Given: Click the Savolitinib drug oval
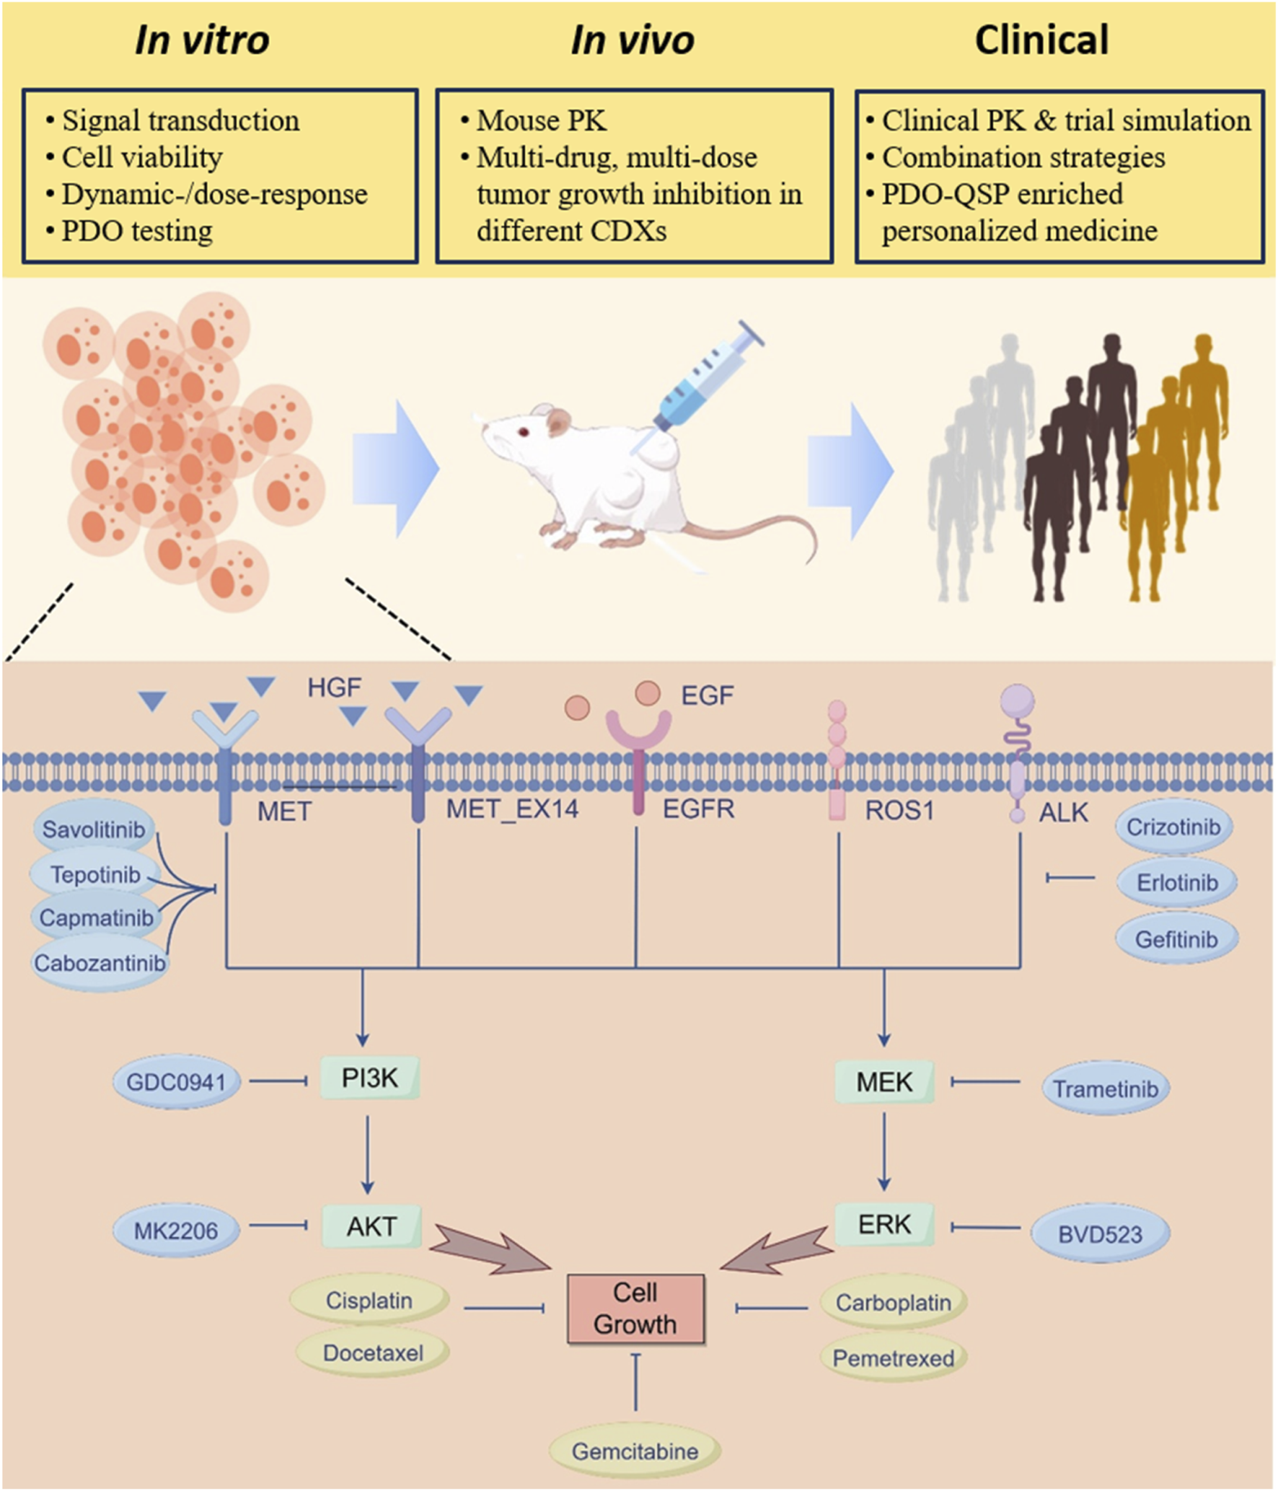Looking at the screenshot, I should [93, 830].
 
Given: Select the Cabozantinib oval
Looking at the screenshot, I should [100, 963].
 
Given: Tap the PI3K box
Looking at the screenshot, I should [369, 1078].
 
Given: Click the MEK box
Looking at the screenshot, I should [884, 1081].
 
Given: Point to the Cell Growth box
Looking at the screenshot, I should [635, 1309].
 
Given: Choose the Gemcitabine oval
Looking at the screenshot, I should [635, 1451].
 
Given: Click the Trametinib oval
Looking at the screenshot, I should [1105, 1088].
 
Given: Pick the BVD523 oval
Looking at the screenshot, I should [1100, 1234].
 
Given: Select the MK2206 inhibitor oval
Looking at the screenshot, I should [175, 1230].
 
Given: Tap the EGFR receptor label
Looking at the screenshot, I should [698, 809].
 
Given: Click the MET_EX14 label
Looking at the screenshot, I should [512, 809].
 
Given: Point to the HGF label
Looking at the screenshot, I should [334, 687].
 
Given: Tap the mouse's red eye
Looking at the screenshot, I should [521, 432].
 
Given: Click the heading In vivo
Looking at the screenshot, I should [632, 40].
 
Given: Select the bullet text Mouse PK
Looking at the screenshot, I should [541, 120].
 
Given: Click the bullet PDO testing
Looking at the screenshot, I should [137, 231].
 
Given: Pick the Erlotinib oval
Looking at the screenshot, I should [1176, 882].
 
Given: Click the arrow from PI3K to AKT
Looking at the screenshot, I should [368, 1154].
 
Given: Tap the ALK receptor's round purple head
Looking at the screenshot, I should [1017, 700].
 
